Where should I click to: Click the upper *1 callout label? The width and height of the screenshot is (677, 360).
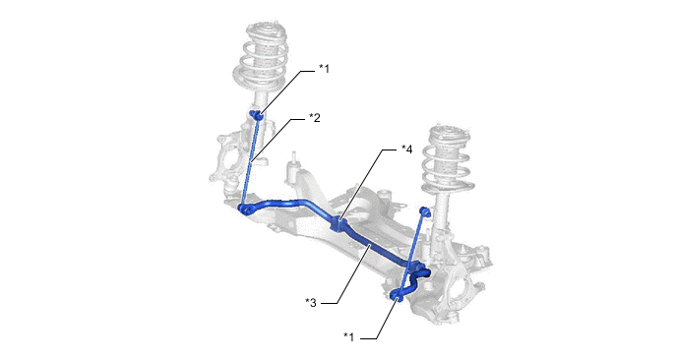click(324, 69)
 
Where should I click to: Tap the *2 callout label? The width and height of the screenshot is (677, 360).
click(314, 117)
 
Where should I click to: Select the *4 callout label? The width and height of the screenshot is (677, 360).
click(406, 150)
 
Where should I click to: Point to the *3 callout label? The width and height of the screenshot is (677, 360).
click(310, 303)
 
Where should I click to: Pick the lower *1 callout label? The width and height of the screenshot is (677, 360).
click(348, 337)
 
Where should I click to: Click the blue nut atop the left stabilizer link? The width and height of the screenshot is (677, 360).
click(257, 115)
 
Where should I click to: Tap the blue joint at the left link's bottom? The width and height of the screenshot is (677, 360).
click(246, 210)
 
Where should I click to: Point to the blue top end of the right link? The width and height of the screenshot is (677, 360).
click(425, 211)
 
